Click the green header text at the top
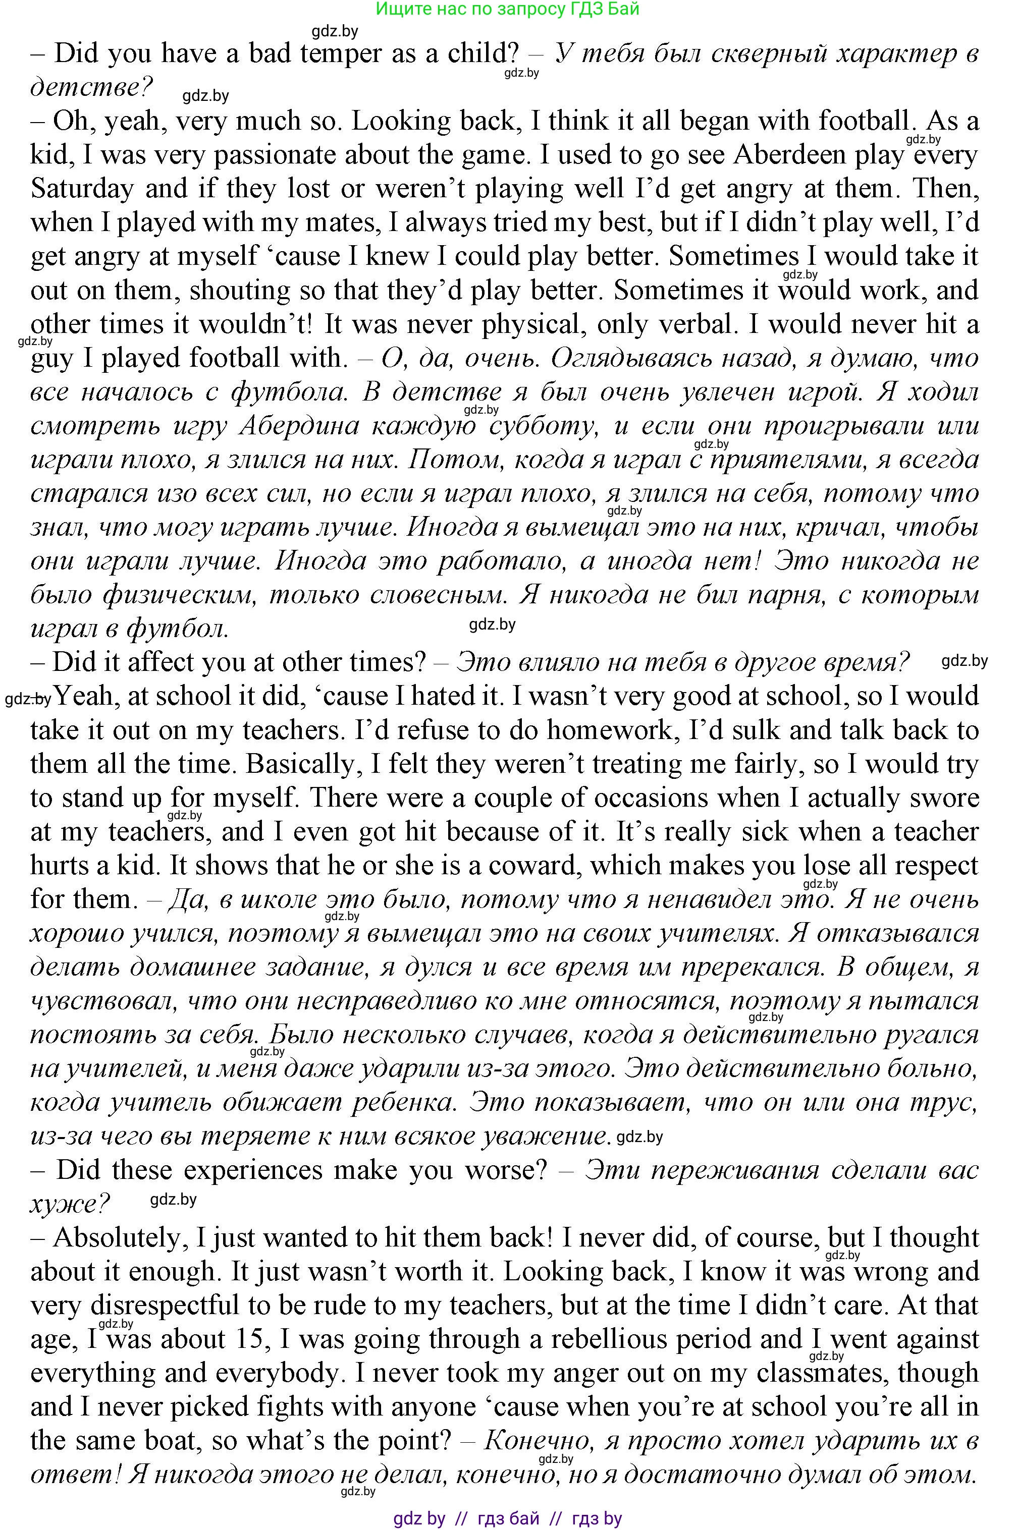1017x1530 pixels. coord(507,9)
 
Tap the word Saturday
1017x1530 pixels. coord(82,189)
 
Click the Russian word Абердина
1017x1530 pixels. coord(299,426)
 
